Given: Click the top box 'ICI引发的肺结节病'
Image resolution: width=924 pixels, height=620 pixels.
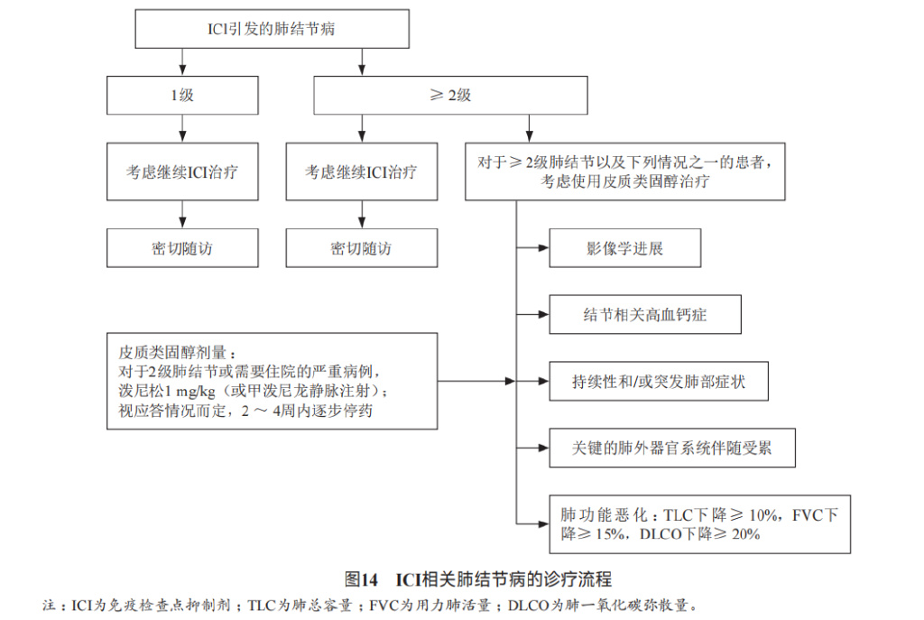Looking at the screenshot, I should click(x=272, y=30).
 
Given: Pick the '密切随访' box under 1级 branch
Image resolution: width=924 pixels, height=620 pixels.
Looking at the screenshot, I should click(x=182, y=248).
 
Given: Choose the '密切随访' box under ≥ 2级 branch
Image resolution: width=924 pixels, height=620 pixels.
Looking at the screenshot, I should click(x=361, y=248).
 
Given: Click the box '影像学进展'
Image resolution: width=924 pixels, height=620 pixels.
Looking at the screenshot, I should click(x=624, y=248).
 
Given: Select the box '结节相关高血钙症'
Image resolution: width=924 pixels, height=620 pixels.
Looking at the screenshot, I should click(x=644, y=315).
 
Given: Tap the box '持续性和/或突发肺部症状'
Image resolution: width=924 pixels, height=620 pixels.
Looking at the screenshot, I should click(x=659, y=382).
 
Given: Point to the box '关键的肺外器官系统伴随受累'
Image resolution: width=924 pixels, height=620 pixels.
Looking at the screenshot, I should click(x=671, y=448).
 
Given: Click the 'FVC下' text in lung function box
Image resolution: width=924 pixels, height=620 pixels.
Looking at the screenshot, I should click(x=815, y=515).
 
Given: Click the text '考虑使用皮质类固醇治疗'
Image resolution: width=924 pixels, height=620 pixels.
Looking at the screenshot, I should click(x=624, y=181).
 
